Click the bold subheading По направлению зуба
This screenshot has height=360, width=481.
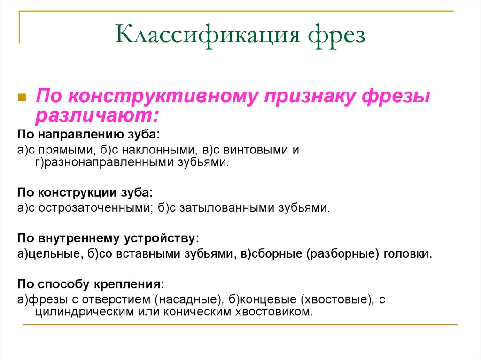[x=89, y=135]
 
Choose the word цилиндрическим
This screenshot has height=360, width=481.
[x=79, y=312]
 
